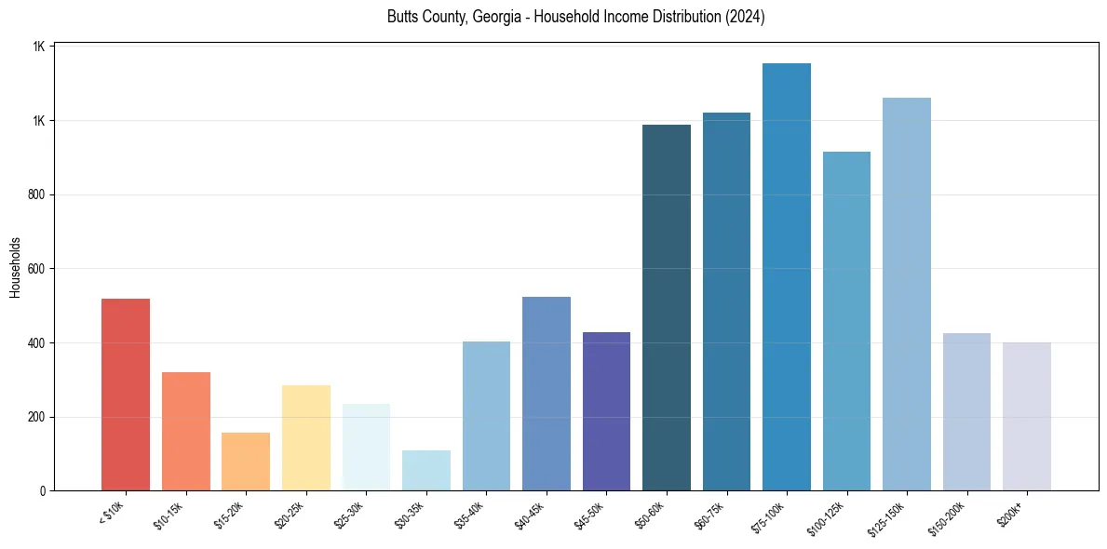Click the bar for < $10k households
tap(125, 395)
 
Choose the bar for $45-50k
tap(606, 411)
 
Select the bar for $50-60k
tap(667, 307)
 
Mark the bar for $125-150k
tap(907, 294)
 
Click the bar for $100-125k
tap(846, 321)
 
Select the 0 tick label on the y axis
tap(43, 490)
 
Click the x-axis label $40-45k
tap(529, 515)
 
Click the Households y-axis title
tap(15, 267)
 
